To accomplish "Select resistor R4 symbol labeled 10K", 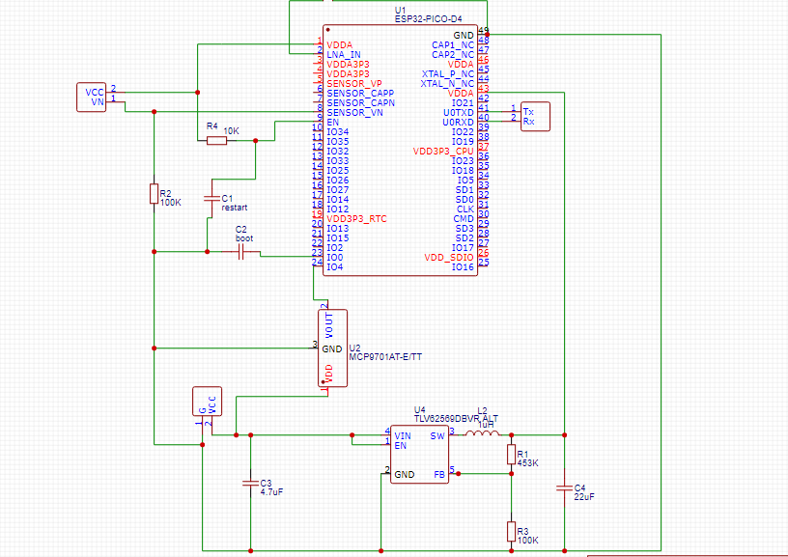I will [x=217, y=141].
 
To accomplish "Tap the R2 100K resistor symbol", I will [x=154, y=194].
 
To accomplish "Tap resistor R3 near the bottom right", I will [x=512, y=532].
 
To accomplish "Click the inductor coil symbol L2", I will [x=482, y=434].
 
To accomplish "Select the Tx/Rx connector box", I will [x=534, y=117].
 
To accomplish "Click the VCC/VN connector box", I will [x=92, y=97].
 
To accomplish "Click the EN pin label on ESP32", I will [x=333, y=122].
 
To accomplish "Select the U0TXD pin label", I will [x=458, y=112].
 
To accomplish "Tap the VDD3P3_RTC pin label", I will [x=356, y=219].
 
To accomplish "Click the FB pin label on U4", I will [x=439, y=474].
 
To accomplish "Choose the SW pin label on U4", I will [x=437, y=435].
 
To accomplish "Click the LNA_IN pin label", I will [x=344, y=54].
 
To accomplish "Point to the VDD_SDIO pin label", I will [x=448, y=257].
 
